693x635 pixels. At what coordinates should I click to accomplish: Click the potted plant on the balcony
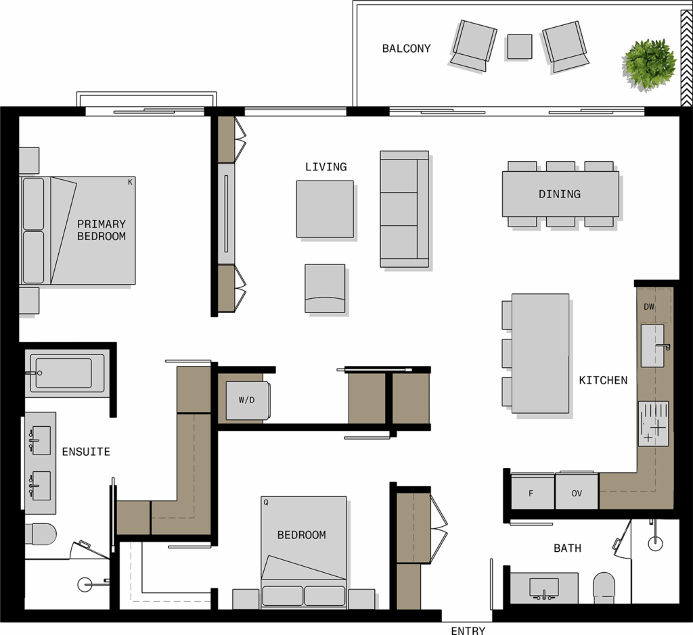pyautogui.click(x=649, y=66)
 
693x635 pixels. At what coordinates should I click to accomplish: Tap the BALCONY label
pyautogui.click(x=406, y=49)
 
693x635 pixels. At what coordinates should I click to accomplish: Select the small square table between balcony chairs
pyautogui.click(x=519, y=47)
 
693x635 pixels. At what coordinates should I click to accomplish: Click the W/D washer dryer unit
pyautogui.click(x=248, y=400)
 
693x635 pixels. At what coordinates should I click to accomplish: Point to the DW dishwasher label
pyautogui.click(x=649, y=306)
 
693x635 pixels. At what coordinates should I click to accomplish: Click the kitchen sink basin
pyautogui.click(x=653, y=346)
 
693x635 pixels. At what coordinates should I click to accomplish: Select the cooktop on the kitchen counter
pyautogui.click(x=653, y=424)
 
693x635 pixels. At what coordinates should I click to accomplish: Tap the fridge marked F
pyautogui.click(x=532, y=491)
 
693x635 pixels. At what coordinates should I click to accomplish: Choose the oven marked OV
pyautogui.click(x=577, y=491)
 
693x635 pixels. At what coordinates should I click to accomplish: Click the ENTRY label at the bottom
pyautogui.click(x=468, y=630)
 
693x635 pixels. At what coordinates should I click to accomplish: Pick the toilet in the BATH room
pyautogui.click(x=604, y=588)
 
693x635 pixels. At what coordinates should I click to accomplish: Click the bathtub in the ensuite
pyautogui.click(x=67, y=373)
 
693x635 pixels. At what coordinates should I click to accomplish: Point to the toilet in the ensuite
pyautogui.click(x=41, y=534)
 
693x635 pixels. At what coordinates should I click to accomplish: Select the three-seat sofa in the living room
pyautogui.click(x=405, y=209)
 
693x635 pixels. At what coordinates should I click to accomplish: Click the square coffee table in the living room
pyautogui.click(x=325, y=209)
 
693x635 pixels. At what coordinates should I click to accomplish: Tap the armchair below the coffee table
pyautogui.click(x=325, y=288)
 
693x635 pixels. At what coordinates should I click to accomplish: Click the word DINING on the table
pyautogui.click(x=560, y=194)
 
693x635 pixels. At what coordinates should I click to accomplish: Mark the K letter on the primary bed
pyautogui.click(x=130, y=182)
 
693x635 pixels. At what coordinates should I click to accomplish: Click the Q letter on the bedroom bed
pyautogui.click(x=265, y=502)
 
